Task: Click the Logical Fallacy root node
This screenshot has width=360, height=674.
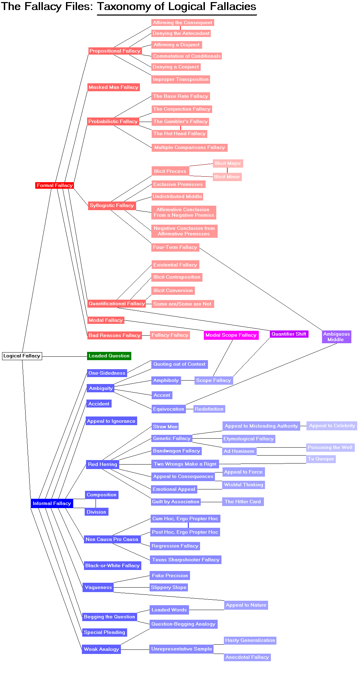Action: click(x=22, y=356)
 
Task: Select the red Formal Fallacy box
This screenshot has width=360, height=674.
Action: click(x=55, y=185)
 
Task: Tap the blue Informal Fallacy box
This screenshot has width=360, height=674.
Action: click(x=52, y=503)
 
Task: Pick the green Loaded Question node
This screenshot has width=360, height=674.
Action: click(x=109, y=356)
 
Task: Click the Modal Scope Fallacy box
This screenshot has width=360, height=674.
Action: click(x=231, y=335)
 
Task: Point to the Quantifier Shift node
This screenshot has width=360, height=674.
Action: click(x=289, y=334)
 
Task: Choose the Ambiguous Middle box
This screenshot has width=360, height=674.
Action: click(x=337, y=337)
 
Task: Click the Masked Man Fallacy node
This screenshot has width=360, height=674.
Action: click(x=113, y=87)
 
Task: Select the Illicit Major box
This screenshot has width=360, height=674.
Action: click(x=228, y=163)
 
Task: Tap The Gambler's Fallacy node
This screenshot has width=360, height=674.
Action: click(x=180, y=121)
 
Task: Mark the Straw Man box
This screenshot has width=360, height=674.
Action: click(x=165, y=427)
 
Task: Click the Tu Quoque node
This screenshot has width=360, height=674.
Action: click(x=321, y=459)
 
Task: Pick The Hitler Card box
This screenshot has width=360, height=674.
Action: click(x=243, y=502)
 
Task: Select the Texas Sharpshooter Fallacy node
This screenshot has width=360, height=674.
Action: click(x=186, y=560)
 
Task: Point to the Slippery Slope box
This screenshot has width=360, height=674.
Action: click(x=169, y=587)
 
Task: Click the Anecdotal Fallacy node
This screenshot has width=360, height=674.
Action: click(x=247, y=657)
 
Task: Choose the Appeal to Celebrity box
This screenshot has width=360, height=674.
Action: click(x=332, y=425)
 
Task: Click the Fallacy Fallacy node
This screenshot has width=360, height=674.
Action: click(x=170, y=335)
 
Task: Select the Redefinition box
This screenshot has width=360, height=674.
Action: click(x=209, y=409)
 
